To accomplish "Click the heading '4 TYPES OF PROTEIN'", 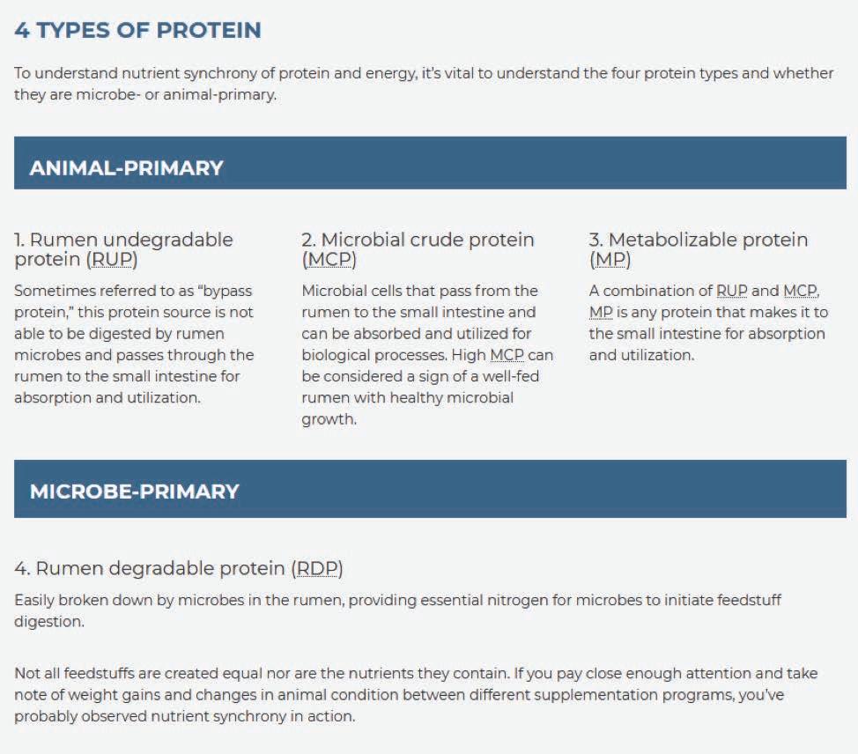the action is click(138, 30).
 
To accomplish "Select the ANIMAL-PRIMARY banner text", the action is click(126, 167).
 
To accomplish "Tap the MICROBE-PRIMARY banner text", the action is click(135, 491).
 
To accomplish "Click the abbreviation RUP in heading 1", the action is click(112, 259).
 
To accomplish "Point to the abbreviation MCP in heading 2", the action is click(329, 259).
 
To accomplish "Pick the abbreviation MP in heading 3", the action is click(610, 259).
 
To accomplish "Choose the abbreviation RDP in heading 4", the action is click(317, 568).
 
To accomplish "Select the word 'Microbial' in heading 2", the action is click(362, 239).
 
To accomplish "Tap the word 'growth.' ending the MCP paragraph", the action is click(329, 419).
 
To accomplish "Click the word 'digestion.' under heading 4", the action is click(49, 622).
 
